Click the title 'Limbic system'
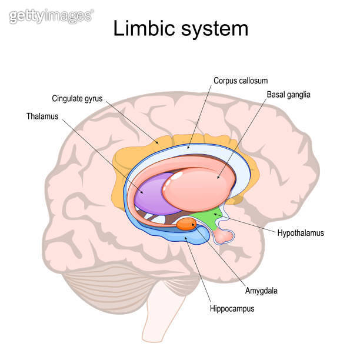click(181, 28)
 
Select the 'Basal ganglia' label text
click(289, 94)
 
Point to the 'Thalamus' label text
click(42, 116)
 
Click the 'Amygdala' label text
click(261, 290)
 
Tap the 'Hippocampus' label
click(232, 308)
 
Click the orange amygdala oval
click(186, 224)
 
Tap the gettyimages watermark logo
click(51, 16)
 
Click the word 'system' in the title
click(214, 28)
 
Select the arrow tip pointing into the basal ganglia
click(218, 177)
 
